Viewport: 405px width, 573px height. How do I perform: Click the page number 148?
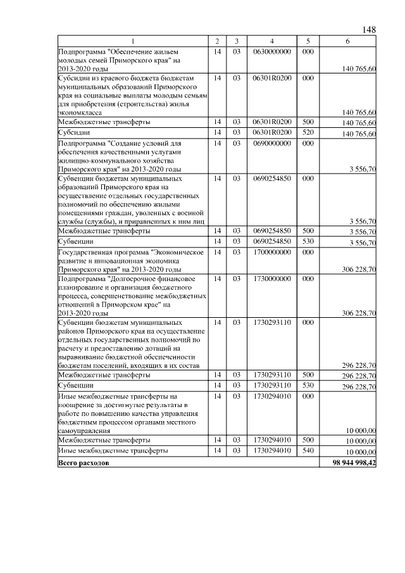pyautogui.click(x=370, y=30)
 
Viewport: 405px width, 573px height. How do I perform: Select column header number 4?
pyautogui.click(x=271, y=41)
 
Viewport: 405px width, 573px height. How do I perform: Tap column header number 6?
pyautogui.click(x=347, y=41)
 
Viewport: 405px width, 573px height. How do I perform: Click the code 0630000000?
pyautogui.click(x=271, y=51)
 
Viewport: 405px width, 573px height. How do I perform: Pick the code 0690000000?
pyautogui.click(x=271, y=144)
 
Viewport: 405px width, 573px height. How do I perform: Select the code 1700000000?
pyautogui.click(x=271, y=252)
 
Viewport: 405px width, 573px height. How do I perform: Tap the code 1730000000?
pyautogui.click(x=271, y=279)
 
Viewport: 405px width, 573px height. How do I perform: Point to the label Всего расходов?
pyautogui.click(x=83, y=463)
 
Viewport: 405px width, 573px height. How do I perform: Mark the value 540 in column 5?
pyautogui.click(x=308, y=451)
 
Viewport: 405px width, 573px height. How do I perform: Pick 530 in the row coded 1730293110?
pyautogui.click(x=308, y=385)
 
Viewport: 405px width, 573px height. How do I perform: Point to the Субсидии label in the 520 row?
pyautogui.click(x=73, y=133)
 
